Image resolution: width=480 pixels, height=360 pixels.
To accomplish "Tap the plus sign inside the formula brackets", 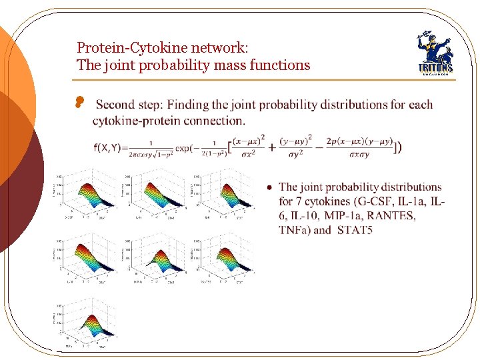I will (x=271, y=147).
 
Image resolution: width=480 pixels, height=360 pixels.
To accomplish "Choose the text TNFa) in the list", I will (x=295, y=231).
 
